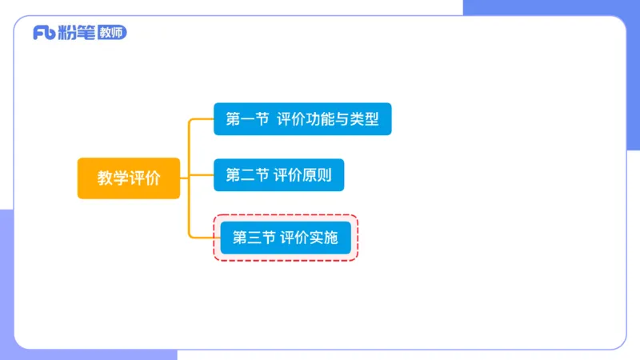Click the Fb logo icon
pos(43,33)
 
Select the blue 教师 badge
pos(111,33)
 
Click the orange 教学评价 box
pos(129,178)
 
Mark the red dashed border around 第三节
pos(285,216)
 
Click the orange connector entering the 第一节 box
pos(200,119)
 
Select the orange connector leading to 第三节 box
pos(203,238)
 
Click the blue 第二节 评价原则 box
pos(278,175)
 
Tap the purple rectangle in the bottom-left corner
pos(6,280)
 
